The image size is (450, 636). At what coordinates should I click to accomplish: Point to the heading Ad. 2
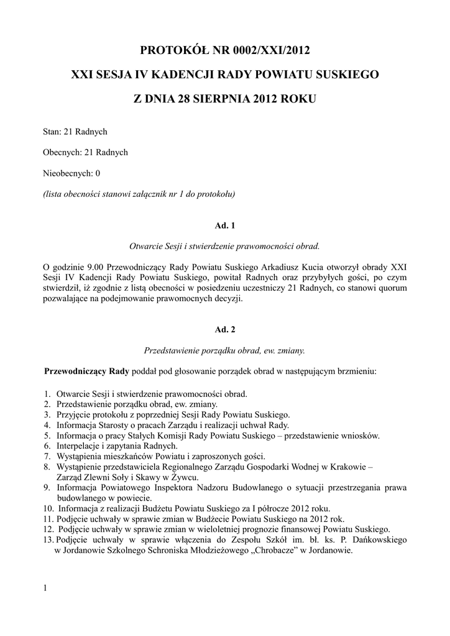tap(224, 330)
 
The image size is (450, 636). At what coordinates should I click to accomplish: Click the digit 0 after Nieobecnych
tap(98, 173)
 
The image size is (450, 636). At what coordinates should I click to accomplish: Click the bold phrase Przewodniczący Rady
tap(86, 371)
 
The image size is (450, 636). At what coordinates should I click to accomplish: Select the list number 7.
tap(47, 457)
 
